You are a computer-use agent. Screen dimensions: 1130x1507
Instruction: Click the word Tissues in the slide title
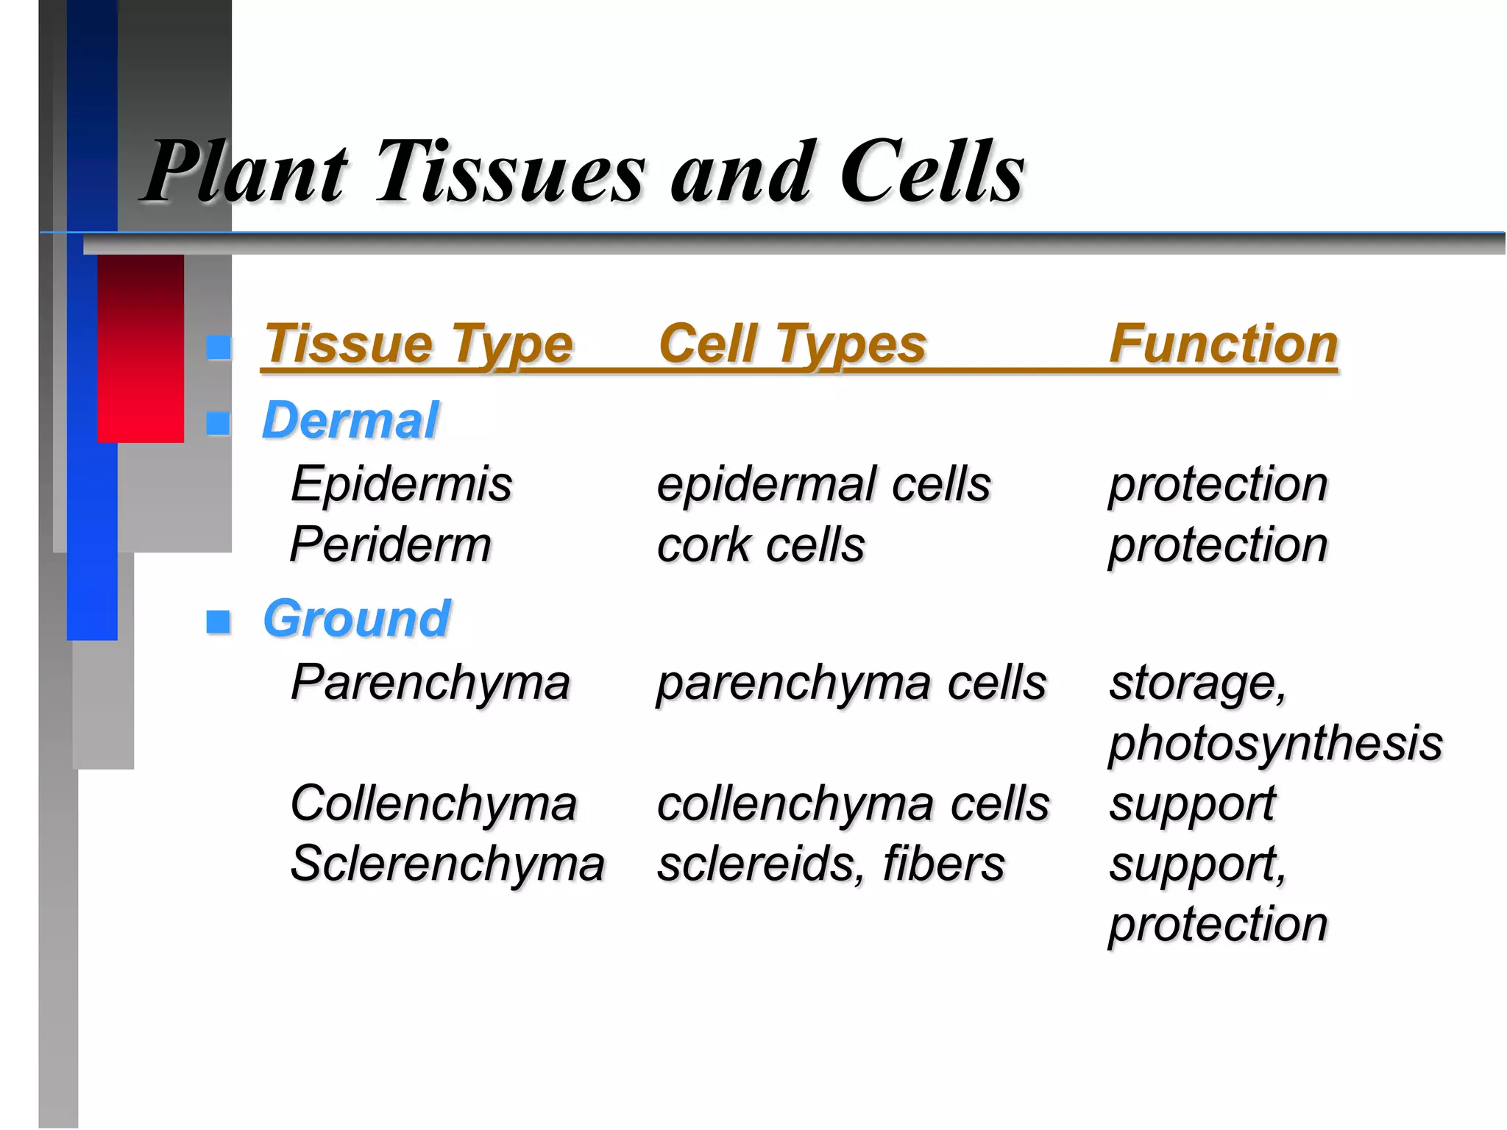pos(510,173)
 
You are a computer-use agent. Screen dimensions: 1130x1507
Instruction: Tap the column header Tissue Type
pos(418,344)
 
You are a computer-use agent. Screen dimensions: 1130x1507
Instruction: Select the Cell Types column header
pos(792,344)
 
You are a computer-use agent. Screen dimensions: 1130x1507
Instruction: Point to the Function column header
pos(1223,344)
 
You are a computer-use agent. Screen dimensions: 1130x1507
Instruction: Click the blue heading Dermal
pos(350,422)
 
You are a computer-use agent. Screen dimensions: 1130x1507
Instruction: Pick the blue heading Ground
pos(356,619)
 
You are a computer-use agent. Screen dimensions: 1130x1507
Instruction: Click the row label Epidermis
pos(401,485)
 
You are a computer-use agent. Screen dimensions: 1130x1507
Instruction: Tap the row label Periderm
pos(391,546)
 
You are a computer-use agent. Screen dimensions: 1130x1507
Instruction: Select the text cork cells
pos(760,546)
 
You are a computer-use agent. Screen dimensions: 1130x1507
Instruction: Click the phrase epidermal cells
pos(823,485)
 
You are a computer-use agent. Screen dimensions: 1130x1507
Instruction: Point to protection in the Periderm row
pos(1218,546)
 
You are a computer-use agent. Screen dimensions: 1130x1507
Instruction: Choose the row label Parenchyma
pos(430,683)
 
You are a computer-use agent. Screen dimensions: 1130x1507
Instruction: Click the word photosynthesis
pos(1275,743)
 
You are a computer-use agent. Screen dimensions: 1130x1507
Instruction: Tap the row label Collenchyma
pos(433,803)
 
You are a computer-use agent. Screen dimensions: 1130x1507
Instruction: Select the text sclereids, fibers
pos(830,864)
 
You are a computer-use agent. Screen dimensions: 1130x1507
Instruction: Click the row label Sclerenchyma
pos(447,864)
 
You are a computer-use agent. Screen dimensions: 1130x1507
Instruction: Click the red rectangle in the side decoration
pos(141,349)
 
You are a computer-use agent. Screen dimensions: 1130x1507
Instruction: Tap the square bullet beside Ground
pos(219,622)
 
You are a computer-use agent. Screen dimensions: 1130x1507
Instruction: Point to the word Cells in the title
pos(932,173)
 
